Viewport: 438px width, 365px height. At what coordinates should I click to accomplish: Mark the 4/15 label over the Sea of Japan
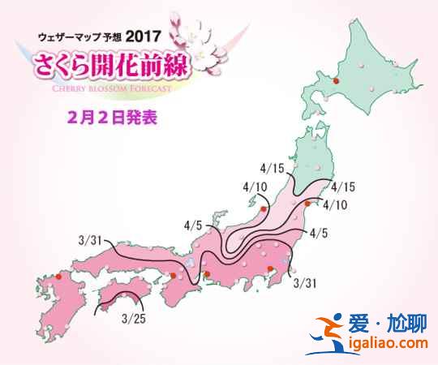click(x=274, y=169)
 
